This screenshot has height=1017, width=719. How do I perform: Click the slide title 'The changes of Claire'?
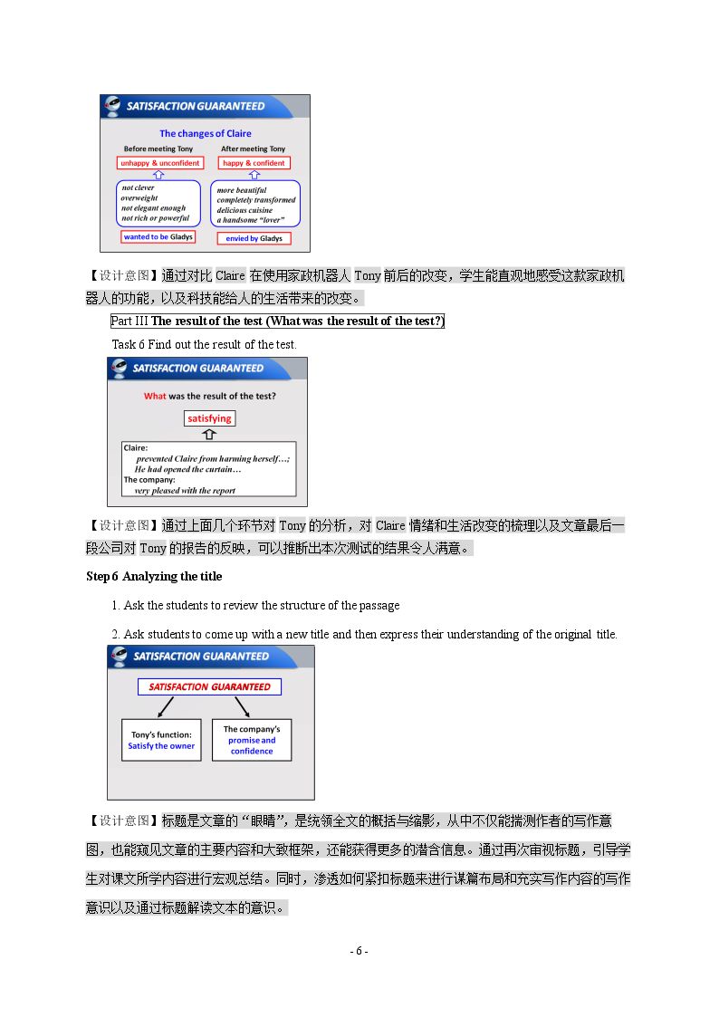pos(206,134)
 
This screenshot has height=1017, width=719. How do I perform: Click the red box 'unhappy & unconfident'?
pos(160,163)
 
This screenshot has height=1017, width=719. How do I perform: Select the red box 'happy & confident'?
pos(254,163)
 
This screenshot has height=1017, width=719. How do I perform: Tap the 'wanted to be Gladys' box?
pos(158,236)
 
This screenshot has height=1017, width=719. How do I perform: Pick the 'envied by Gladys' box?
pos(254,238)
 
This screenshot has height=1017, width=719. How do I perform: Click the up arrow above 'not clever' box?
pos(158,175)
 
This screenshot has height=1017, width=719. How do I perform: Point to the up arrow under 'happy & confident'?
pos(254,175)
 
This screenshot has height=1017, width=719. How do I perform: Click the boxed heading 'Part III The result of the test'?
pos(277,321)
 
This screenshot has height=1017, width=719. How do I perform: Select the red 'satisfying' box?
pos(209,418)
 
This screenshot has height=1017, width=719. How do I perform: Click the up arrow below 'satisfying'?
pos(209,434)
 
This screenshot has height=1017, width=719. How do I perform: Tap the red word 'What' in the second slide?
pos(155,397)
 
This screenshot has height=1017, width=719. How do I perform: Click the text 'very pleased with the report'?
pos(185,491)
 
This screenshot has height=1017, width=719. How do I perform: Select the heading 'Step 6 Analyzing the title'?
pos(154,577)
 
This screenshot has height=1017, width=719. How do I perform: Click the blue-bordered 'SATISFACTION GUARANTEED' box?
pos(209,686)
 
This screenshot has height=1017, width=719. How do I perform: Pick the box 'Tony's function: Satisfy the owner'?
pos(161,740)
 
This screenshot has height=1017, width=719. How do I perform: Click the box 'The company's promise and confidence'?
pos(252,740)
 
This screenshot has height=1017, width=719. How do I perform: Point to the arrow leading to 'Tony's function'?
pos(166,706)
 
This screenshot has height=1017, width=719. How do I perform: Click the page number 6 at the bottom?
pos(359,952)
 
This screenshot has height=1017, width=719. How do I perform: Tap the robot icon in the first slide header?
pos(112,106)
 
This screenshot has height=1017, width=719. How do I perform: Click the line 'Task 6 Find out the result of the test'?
pos(205,344)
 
